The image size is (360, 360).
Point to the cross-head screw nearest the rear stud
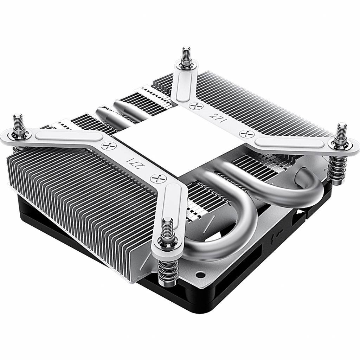pyautogui.click(x=194, y=105)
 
